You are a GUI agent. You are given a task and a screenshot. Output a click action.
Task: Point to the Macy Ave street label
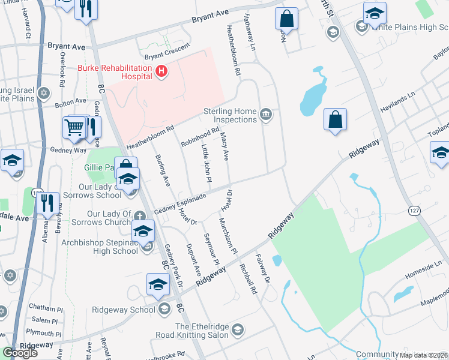(225, 147)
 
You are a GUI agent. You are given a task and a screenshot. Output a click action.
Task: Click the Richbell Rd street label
(247, 278)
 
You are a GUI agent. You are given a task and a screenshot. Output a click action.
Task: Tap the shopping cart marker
(74, 127)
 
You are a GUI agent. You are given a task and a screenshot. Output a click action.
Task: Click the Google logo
(20, 353)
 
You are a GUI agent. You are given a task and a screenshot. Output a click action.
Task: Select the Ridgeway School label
(124, 310)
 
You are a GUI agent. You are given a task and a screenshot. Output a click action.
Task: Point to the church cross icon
(139, 215)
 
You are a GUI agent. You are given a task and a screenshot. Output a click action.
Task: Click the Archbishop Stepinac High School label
(100, 247)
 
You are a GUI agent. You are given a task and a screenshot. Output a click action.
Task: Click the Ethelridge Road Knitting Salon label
(200, 331)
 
